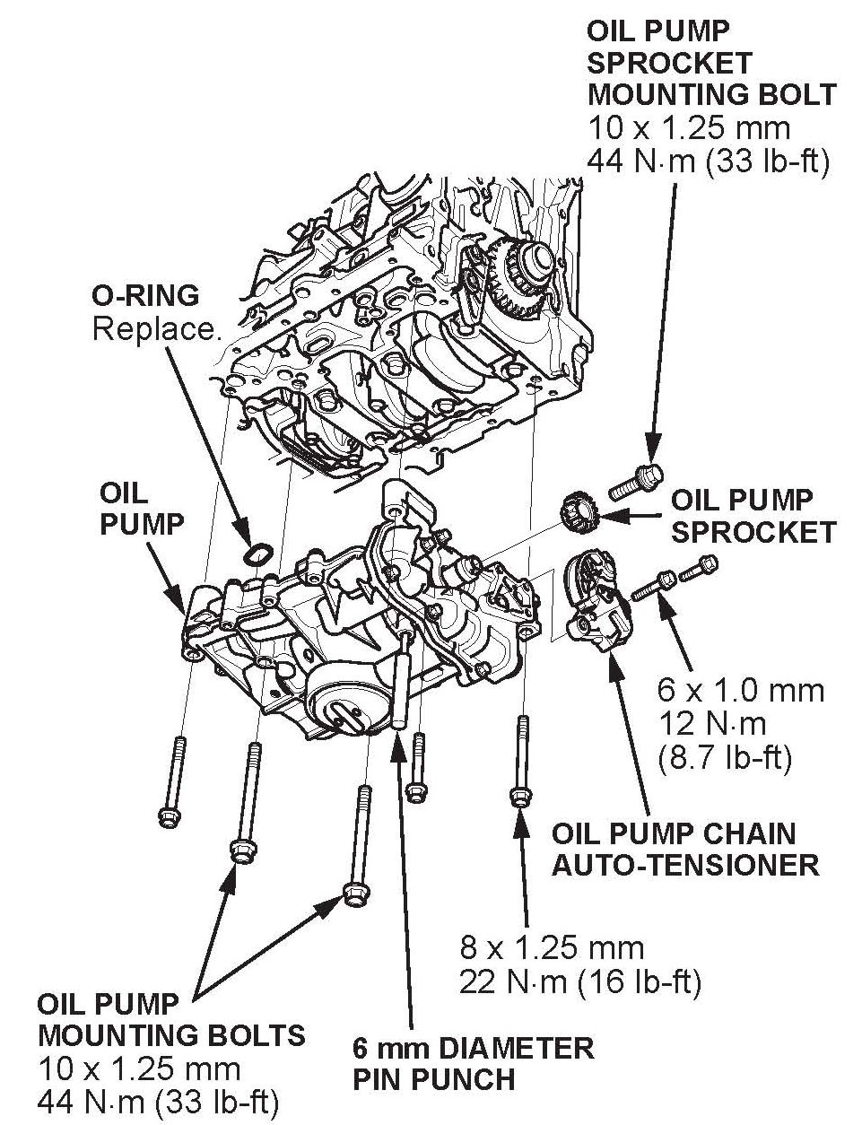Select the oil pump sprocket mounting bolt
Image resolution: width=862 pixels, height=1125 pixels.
click(x=636, y=482)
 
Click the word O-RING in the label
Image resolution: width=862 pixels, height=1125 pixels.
click(x=145, y=296)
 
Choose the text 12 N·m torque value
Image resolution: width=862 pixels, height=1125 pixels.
click(x=711, y=725)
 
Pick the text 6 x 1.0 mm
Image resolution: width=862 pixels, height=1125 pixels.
click(x=740, y=690)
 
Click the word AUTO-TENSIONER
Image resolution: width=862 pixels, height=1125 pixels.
click(x=685, y=866)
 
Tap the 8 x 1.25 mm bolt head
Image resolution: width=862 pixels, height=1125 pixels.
click(x=519, y=796)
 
